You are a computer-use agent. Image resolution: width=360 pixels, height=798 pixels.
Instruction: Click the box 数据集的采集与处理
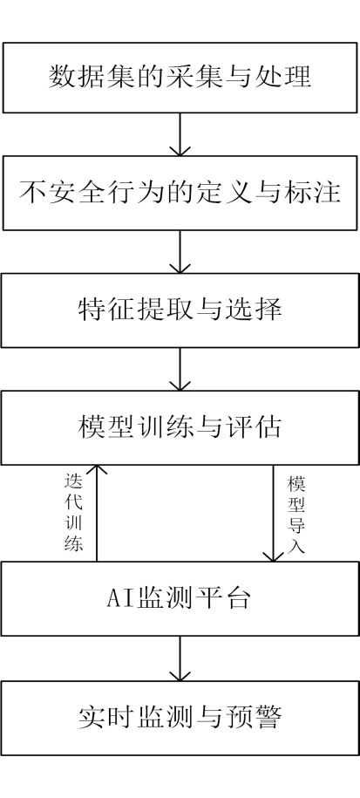coord(180,78)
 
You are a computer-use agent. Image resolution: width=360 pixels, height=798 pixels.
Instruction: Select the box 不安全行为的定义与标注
coord(180,193)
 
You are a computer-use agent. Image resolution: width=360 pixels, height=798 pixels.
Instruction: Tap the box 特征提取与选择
coord(180,310)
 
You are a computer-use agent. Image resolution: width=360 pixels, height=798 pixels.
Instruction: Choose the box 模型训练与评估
coord(180,427)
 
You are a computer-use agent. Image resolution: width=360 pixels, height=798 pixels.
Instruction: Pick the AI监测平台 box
coord(180,598)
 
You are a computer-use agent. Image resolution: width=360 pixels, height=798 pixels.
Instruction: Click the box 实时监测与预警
coord(180,718)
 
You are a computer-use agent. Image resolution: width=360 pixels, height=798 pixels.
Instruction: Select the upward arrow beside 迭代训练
coord(97,513)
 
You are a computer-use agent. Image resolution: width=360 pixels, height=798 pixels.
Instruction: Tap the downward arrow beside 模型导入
coord(274,513)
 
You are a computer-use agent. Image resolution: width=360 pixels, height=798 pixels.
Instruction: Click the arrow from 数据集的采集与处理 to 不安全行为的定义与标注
coord(180,134)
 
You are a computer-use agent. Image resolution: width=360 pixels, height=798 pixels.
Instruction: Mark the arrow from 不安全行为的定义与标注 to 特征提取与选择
coord(180,252)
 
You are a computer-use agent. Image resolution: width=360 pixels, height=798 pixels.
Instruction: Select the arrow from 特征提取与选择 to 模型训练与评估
coord(180,370)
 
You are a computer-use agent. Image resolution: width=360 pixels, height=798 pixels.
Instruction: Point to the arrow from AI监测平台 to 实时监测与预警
coord(180,658)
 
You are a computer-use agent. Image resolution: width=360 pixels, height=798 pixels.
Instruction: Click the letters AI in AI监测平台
coord(119,599)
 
